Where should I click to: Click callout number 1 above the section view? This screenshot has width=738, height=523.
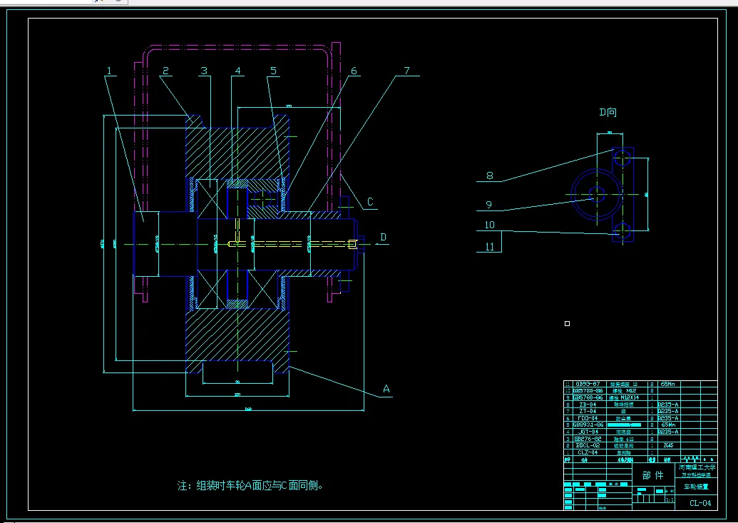pos(110,71)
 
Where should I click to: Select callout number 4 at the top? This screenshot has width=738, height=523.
pos(238,71)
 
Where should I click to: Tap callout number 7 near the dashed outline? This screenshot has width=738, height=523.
pos(406,71)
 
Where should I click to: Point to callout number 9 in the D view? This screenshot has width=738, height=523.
pos(489,205)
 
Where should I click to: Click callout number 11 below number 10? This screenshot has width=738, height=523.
pos(489,247)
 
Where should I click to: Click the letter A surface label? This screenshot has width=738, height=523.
pos(386,389)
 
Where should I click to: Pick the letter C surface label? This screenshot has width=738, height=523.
pos(370,202)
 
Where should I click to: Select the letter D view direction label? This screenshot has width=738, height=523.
pos(383,237)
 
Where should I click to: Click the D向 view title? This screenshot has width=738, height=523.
pos(608,112)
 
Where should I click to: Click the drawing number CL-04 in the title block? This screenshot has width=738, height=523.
pos(699,503)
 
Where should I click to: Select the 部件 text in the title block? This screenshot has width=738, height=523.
pos(652,475)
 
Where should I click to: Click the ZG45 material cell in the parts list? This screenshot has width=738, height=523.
pos(668,446)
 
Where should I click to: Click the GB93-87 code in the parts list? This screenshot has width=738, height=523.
pos(588,384)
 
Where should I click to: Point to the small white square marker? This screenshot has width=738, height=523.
pos(567,324)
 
